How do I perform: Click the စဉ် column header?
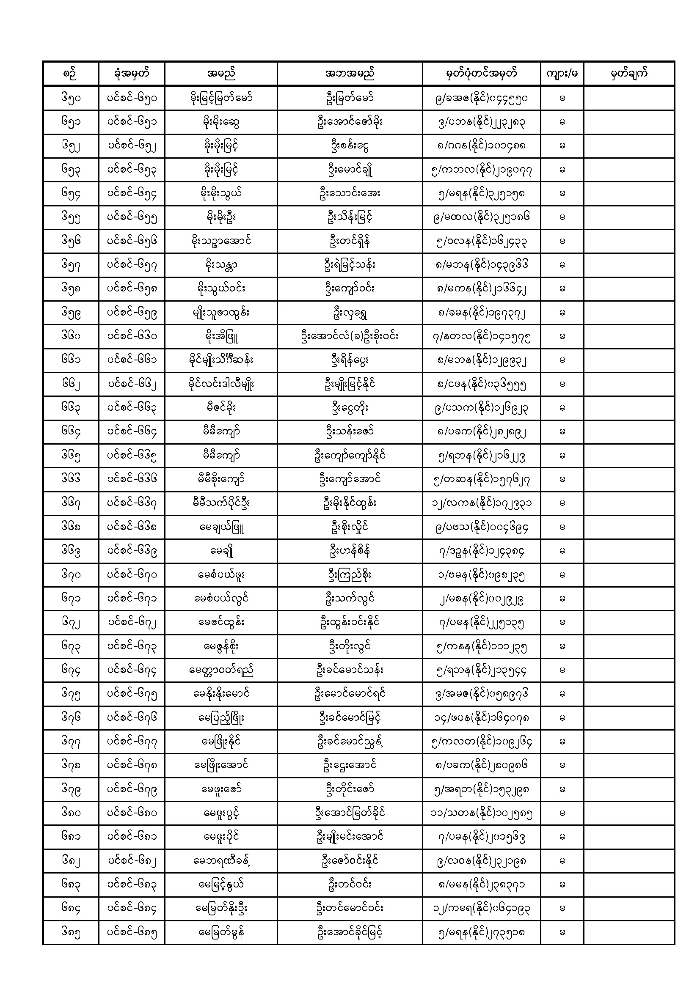[x=71, y=74]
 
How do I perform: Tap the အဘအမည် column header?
[x=350, y=74]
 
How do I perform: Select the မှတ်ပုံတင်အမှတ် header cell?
[x=481, y=74]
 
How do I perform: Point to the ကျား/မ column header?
[x=562, y=74]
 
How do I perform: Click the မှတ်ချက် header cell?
[x=629, y=74]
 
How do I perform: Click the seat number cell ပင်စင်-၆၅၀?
[x=132, y=98]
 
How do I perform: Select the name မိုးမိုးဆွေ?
[x=220, y=122]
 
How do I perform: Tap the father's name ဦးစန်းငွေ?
[x=350, y=146]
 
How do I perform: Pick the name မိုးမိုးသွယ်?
[x=220, y=193]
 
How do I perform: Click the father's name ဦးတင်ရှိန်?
[x=350, y=241]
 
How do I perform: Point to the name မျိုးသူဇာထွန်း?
[x=220, y=313]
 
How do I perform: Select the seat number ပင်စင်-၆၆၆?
[x=132, y=479]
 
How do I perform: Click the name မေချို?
[x=220, y=550]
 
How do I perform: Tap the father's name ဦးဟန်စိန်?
[x=350, y=550]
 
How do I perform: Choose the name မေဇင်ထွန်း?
[x=220, y=622]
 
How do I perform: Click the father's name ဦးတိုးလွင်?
[x=350, y=646]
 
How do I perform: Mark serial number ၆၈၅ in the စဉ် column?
[x=71, y=933]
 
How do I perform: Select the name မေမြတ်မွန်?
[x=220, y=933]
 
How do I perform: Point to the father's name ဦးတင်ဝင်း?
[x=350, y=885]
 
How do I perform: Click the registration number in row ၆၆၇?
[x=481, y=503]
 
